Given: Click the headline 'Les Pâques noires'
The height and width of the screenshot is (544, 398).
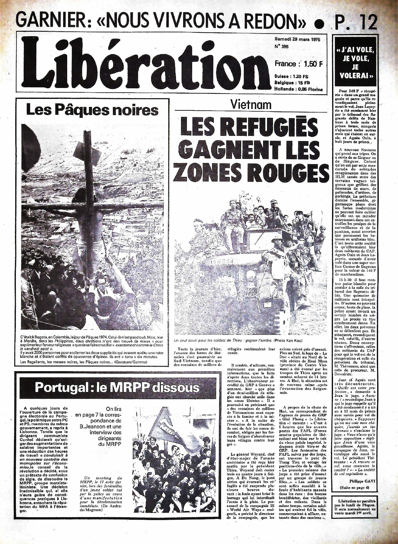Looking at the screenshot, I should (x=92, y=110).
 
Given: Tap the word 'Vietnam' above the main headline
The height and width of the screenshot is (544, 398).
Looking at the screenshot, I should (x=251, y=104).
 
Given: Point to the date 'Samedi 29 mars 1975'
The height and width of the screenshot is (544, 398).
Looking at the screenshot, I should (x=297, y=39).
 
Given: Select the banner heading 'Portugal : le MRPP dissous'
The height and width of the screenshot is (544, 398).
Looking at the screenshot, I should (x=117, y=388).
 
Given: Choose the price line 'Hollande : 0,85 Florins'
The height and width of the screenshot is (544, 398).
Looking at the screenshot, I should (x=298, y=89).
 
